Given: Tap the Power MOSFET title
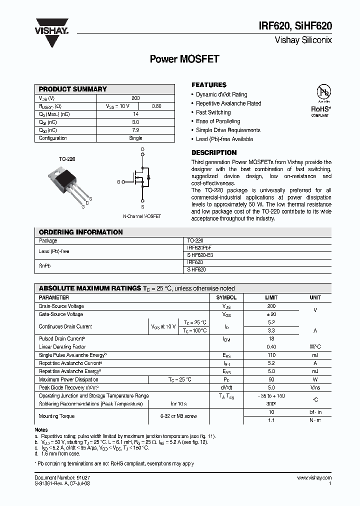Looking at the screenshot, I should [x=184, y=59].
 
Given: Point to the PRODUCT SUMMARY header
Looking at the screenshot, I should [x=73, y=89].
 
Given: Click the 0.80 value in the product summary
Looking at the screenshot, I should [x=156, y=106].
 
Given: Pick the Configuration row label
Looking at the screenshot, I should [x=52, y=138].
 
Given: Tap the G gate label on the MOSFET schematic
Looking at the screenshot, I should [x=118, y=182].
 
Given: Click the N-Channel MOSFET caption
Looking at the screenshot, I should [x=142, y=216].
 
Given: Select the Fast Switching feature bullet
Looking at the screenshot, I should [x=213, y=112].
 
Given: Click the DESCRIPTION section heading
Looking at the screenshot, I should [x=214, y=152].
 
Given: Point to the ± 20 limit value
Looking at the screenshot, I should [x=271, y=314].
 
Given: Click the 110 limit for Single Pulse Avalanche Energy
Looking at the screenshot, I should [x=271, y=355].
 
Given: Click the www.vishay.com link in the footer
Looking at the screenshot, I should [x=313, y=478].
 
